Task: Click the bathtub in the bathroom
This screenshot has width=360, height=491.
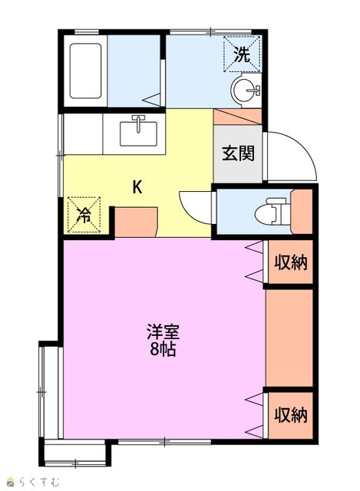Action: pyautogui.click(x=85, y=71)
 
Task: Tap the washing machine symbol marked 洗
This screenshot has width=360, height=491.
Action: pyautogui.click(x=242, y=54)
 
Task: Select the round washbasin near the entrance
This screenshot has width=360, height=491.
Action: pyautogui.click(x=246, y=91)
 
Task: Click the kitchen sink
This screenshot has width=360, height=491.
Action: pyautogui.click(x=138, y=133)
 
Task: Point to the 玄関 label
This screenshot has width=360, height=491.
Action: pyautogui.click(x=238, y=153)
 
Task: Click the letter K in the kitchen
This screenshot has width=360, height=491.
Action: pyautogui.click(x=137, y=187)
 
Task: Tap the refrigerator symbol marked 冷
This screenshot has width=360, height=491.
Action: pyautogui.click(x=84, y=215)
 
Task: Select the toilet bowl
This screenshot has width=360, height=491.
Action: pyautogui.click(x=270, y=211)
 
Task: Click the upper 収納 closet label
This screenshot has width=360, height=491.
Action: pyautogui.click(x=291, y=262)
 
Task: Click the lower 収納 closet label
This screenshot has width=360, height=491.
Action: pyautogui.click(x=291, y=415)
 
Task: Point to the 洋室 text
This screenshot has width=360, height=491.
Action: pyautogui.click(x=163, y=332)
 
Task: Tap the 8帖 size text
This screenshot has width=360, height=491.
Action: pyautogui.click(x=163, y=350)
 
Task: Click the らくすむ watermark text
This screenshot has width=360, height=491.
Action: pyautogui.click(x=38, y=481)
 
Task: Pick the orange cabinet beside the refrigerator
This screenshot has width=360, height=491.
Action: pyautogui.click(x=135, y=222)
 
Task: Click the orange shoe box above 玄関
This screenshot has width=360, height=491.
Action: pyautogui.click(x=237, y=117)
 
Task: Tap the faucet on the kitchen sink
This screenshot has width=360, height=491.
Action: pyautogui.click(x=138, y=123)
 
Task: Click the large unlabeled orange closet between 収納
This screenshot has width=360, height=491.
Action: pyautogui.click(x=289, y=338)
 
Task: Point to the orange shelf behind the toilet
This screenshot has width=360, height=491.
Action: pyautogui.click(x=302, y=211)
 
